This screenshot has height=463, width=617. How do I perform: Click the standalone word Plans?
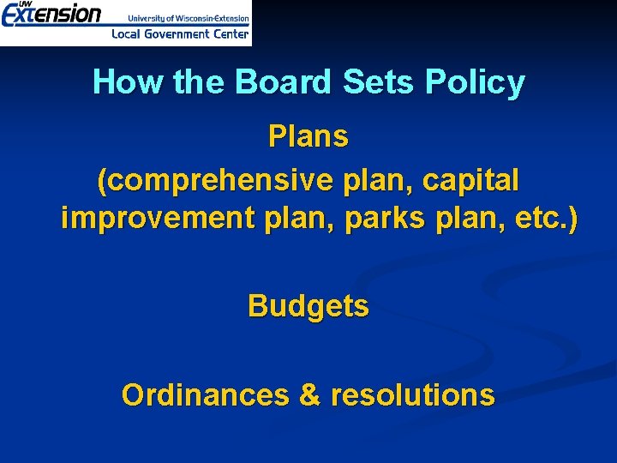click(x=308, y=136)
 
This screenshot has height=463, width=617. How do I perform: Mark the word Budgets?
click(x=308, y=305)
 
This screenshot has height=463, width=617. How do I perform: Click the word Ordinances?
click(x=206, y=394)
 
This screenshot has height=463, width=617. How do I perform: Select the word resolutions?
click(x=412, y=394)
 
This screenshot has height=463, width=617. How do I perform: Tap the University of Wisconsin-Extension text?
click(x=189, y=17)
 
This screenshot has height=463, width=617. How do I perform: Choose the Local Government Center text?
click(x=180, y=34)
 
